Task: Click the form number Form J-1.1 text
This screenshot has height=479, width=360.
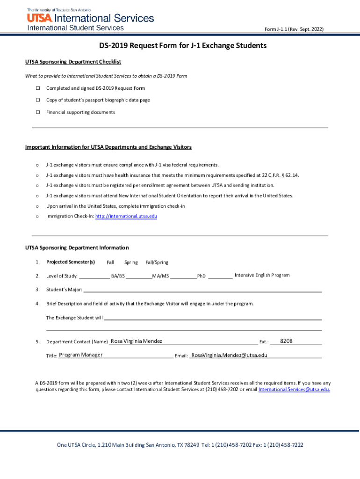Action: tap(294, 29)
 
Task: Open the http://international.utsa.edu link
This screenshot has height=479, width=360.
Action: tap(126, 217)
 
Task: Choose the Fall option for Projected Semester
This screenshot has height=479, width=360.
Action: tap(110, 262)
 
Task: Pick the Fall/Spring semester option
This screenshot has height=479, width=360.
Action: tap(157, 262)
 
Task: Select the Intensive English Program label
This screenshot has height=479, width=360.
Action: tap(262, 275)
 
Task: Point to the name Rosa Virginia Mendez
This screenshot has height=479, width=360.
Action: tap(137, 341)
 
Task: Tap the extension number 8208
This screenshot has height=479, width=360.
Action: tap(286, 341)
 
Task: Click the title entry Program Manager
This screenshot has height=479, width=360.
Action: tap(81, 355)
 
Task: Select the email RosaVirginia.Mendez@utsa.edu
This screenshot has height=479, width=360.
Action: tap(229, 356)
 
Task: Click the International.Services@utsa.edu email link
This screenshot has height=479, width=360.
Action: tap(294, 389)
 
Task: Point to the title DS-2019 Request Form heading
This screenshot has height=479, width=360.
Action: tap(182, 46)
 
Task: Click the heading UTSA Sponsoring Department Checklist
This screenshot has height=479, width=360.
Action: tap(73, 62)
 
